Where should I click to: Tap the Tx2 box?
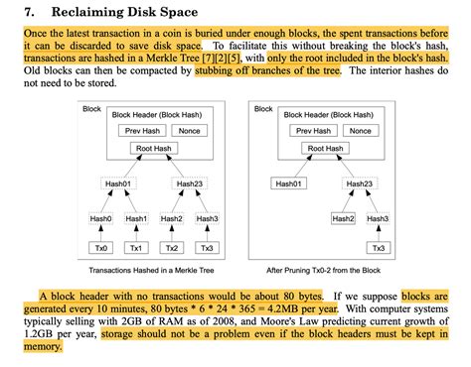click(x=172, y=248)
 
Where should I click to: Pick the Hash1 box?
click(x=137, y=218)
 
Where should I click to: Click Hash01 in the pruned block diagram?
click(x=291, y=183)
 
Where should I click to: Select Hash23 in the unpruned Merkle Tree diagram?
click(x=190, y=183)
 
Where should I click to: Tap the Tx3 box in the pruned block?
click(x=379, y=248)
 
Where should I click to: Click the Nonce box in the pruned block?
click(x=361, y=130)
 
